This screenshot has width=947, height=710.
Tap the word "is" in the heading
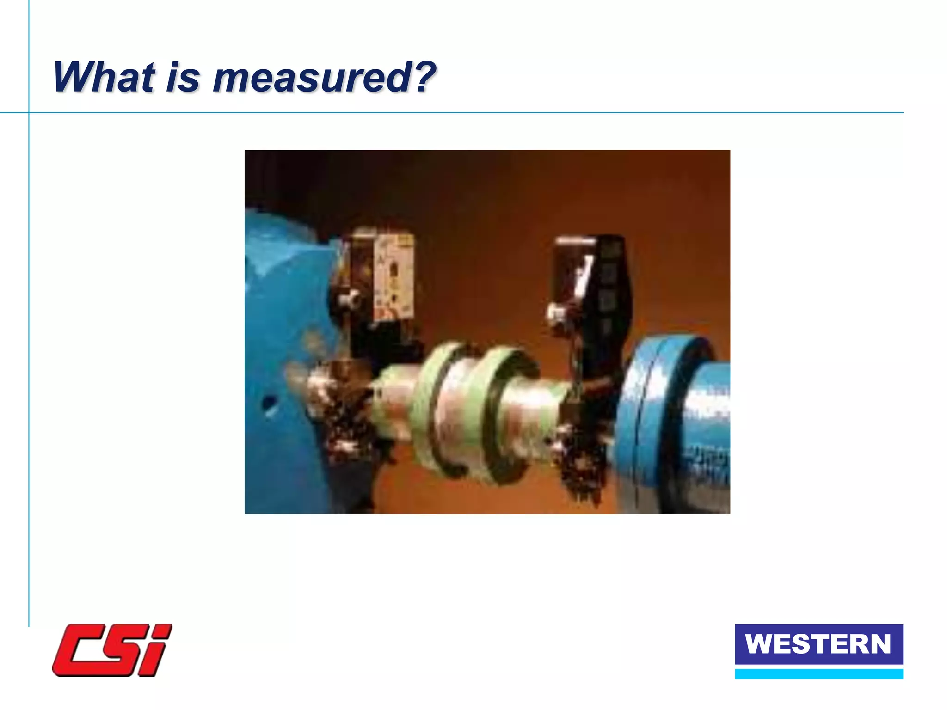tap(183, 77)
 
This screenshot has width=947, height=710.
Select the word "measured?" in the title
tap(324, 77)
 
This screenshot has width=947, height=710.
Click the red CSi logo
tap(112, 650)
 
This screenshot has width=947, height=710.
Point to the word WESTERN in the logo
tap(818, 644)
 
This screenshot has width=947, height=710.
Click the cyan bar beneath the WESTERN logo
tap(818, 674)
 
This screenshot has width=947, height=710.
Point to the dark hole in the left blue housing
tap(269, 403)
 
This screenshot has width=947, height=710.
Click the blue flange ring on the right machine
tap(647, 416)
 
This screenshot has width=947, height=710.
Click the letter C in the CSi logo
tap(79, 650)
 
